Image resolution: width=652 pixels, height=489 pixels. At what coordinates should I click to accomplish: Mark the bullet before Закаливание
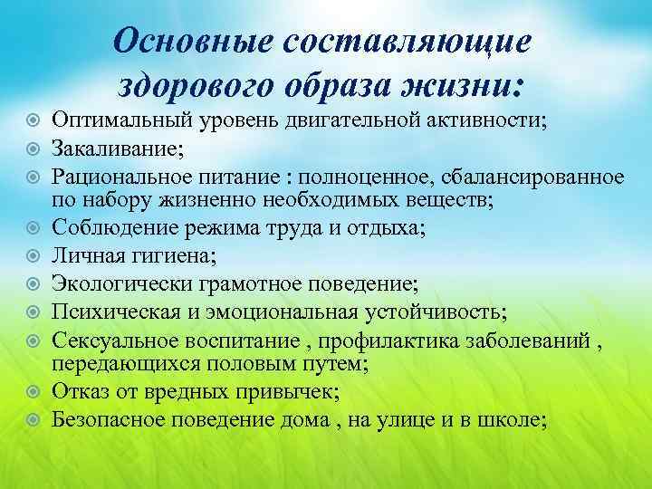tap(34, 146)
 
